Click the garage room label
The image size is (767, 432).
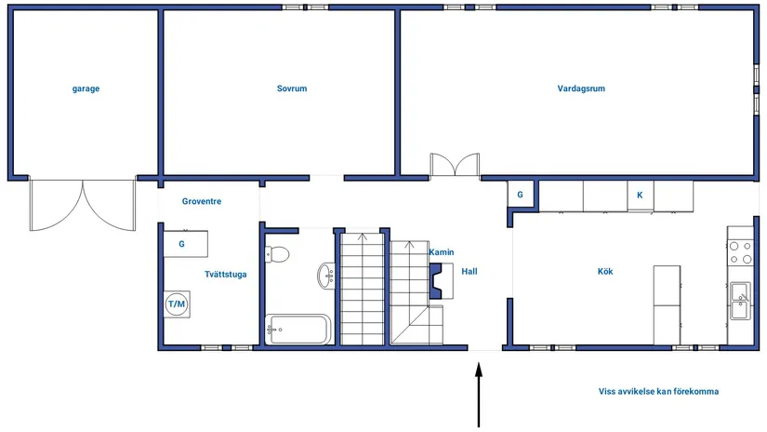86,88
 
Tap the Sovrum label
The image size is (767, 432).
292,88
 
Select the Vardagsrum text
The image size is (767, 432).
581,88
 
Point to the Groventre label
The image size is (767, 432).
202,201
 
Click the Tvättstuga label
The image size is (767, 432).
226,275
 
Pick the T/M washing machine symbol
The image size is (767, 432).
177,304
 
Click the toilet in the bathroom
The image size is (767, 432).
277,255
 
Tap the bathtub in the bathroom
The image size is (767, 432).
298,330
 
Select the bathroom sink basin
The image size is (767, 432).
326,277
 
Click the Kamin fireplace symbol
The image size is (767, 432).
441,280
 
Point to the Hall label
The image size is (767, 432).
469,271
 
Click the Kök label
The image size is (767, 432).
605,271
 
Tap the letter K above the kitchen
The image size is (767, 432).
640,195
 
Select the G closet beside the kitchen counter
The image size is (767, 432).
520,195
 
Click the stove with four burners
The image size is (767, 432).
740,252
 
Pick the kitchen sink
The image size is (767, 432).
740,301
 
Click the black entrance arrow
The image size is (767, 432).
479,394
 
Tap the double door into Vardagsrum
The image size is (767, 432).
455,165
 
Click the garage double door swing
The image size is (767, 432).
83,205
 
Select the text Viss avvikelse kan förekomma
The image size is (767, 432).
658,391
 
